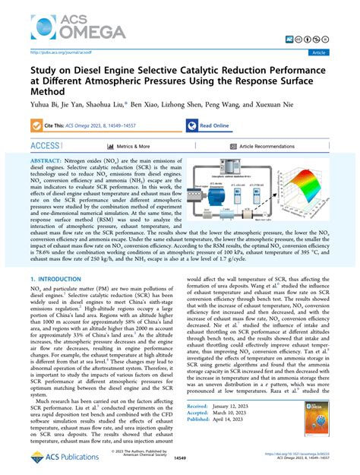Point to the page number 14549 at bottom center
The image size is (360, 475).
(x=180, y=458)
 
